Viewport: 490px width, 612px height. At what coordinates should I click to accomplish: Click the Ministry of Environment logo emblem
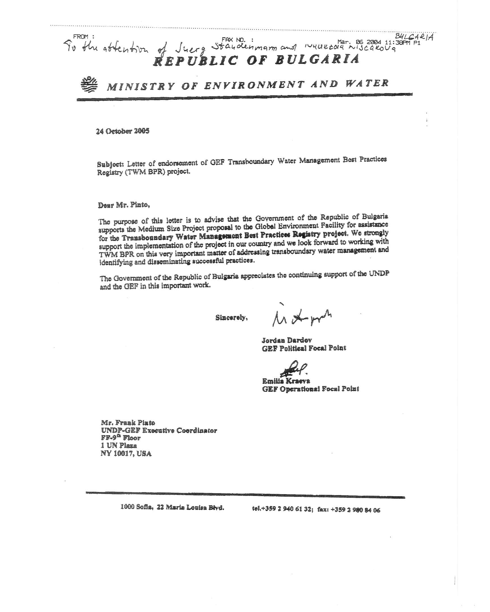coord(89,84)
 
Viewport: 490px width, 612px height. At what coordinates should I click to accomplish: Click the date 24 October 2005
coord(122,131)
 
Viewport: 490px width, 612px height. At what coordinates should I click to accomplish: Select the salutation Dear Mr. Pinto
coord(124,205)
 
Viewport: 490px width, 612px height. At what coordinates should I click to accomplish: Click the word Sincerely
coord(231,318)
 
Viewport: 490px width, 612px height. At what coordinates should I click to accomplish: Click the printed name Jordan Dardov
coord(287,340)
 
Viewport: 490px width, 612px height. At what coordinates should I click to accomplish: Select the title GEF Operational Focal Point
coord(311,389)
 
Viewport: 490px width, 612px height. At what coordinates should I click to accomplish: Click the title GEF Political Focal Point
coord(304,348)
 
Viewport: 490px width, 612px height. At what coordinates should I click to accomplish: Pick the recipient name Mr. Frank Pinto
coord(128,423)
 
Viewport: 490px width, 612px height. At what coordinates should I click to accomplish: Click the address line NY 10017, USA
coord(126,454)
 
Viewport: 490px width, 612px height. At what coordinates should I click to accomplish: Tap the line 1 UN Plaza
coord(119,446)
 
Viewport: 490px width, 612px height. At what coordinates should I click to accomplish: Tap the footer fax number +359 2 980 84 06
coord(355,510)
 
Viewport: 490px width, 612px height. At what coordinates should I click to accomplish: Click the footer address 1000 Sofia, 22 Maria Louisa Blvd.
coord(172,507)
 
